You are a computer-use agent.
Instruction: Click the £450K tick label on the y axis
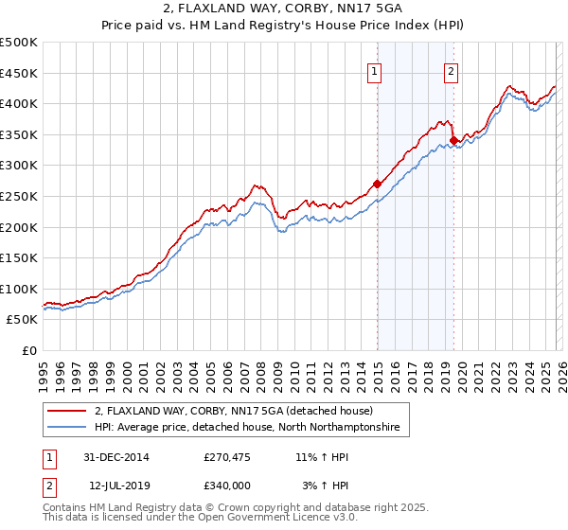(19, 73)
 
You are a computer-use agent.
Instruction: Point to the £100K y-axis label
(19, 289)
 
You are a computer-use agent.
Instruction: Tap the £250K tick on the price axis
(19, 196)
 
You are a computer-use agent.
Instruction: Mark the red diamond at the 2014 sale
(377, 184)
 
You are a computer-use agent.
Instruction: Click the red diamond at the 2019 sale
(453, 141)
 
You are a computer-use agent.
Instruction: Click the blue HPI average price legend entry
(247, 428)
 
